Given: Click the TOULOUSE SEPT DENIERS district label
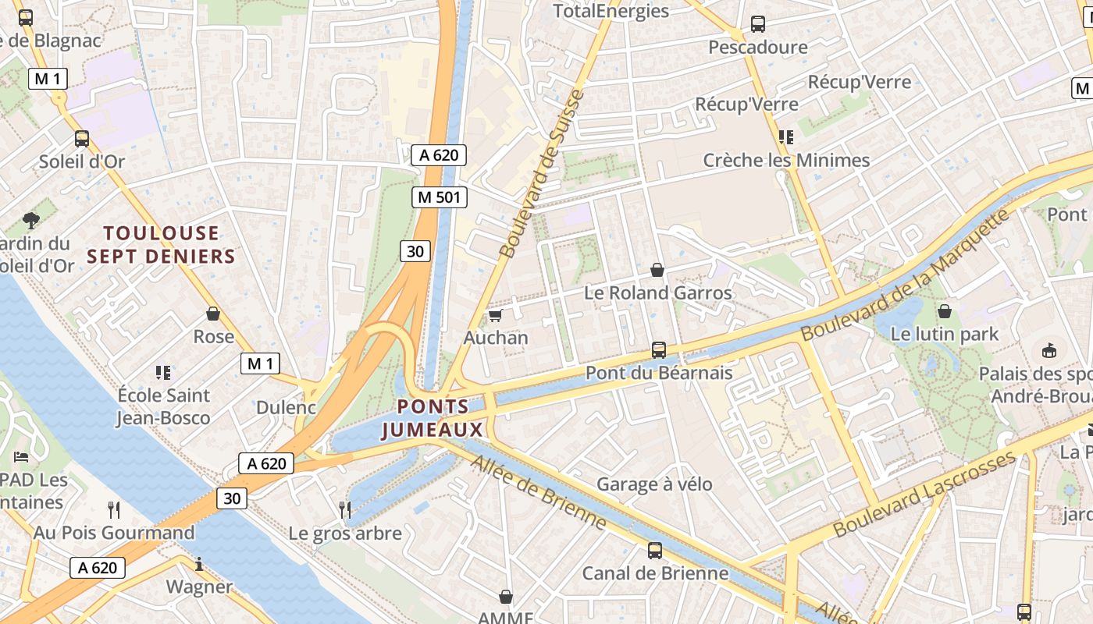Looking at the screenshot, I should coord(161,244).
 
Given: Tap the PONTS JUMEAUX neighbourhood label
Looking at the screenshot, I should coord(433,418).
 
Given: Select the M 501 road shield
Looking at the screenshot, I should coord(440,197).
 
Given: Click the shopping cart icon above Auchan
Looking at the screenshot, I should coord(494,316).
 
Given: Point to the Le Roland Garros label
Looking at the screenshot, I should coord(658,293).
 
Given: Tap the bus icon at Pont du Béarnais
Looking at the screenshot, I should coord(659,350).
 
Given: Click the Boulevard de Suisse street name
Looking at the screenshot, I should coord(542,175).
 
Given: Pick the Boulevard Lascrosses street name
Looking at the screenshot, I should coord(924,494).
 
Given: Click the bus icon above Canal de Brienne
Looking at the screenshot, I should coord(655,551).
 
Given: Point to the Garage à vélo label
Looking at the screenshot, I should coord(654,484).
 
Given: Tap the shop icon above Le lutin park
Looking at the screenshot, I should coord(945,311).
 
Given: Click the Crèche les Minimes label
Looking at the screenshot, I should coord(786,161).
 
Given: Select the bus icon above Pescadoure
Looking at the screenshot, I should coord(757,24).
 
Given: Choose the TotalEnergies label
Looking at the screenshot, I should coord(611,11).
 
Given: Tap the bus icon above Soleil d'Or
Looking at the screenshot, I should coord(82,139).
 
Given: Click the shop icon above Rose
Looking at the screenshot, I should coord(213,314).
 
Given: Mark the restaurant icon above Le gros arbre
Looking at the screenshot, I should coord(345,510).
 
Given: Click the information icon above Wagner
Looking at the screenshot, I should coord(199,564).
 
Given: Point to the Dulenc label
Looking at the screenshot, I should coord(286,407).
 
